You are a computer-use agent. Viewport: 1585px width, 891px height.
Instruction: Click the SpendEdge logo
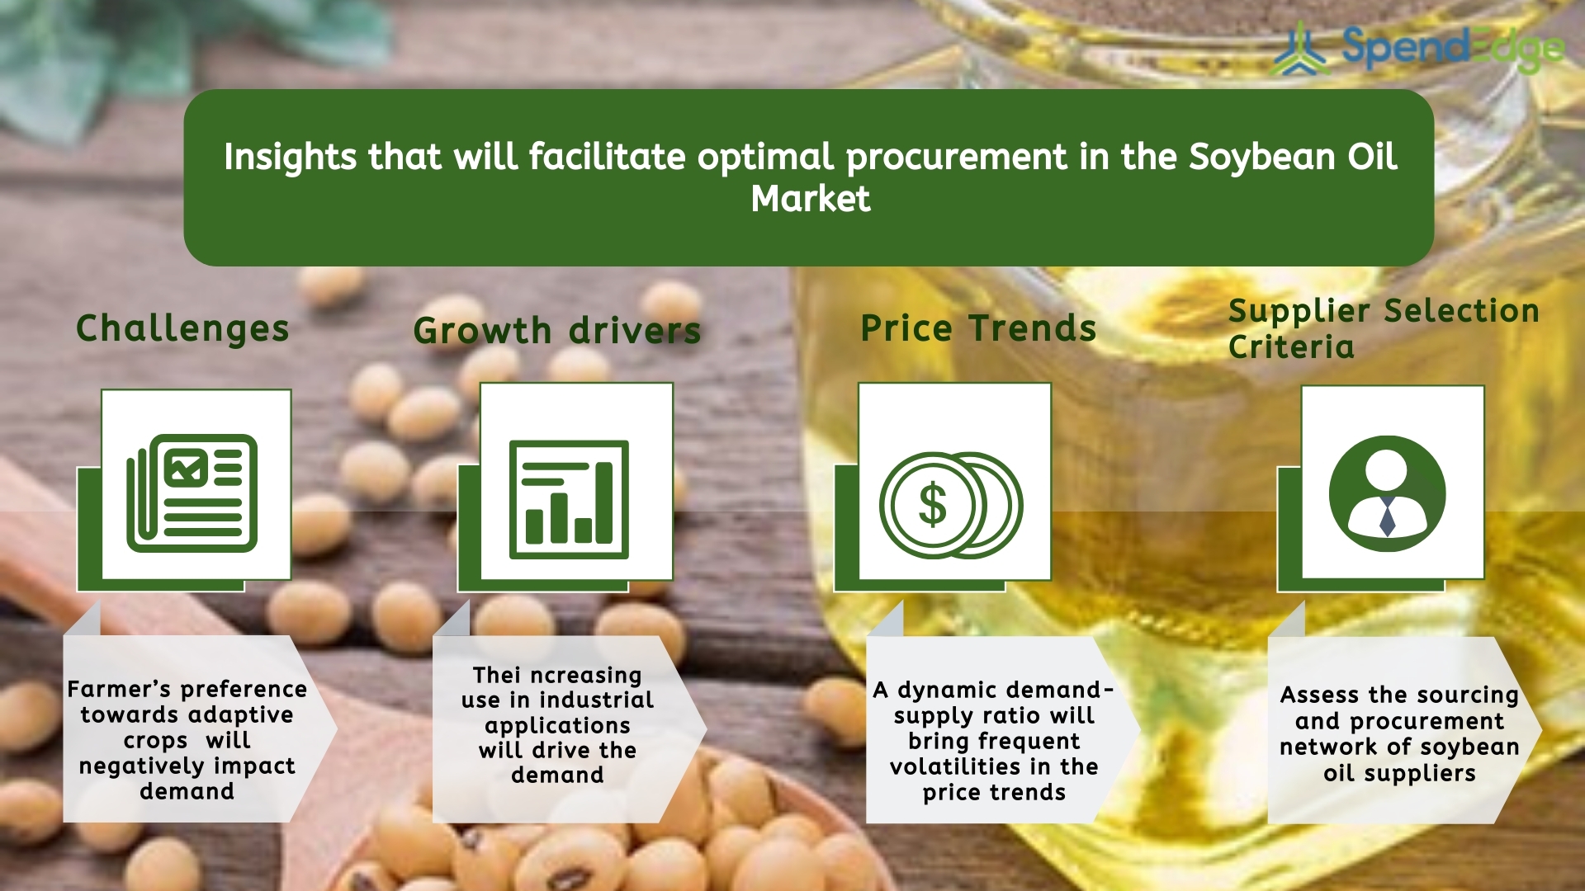pyautogui.click(x=1418, y=48)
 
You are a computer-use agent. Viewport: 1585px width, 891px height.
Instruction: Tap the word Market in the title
pyautogui.click(x=810, y=199)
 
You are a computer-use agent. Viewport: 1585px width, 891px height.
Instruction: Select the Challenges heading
pyautogui.click(x=182, y=329)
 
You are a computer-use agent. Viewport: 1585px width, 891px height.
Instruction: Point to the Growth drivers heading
pyautogui.click(x=557, y=332)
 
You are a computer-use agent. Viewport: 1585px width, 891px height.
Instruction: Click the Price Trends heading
pyautogui.click(x=978, y=328)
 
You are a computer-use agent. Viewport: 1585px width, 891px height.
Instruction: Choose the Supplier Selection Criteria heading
pyautogui.click(x=1384, y=329)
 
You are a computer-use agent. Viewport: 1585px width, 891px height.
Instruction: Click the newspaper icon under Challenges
pyautogui.click(x=192, y=493)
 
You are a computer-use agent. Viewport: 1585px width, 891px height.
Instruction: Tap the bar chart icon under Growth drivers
pyautogui.click(x=569, y=500)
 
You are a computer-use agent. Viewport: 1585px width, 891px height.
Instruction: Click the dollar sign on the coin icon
pyautogui.click(x=933, y=505)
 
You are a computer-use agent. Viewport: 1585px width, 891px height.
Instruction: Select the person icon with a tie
pyautogui.click(x=1387, y=493)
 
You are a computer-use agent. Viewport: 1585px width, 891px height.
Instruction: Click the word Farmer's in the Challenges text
pyautogui.click(x=121, y=689)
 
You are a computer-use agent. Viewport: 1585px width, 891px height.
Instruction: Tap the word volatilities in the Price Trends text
pyautogui.click(x=957, y=767)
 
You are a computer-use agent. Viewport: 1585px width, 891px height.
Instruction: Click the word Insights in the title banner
pyautogui.click(x=290, y=158)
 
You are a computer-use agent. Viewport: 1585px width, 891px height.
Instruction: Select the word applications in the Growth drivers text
pyautogui.click(x=557, y=727)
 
